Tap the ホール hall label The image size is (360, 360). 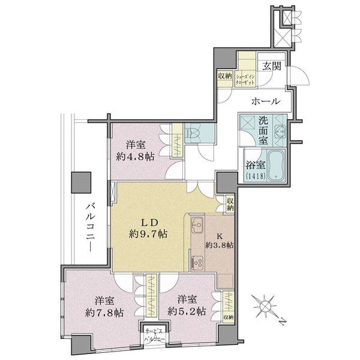point(264,101)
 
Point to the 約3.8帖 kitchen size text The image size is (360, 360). point(220,245)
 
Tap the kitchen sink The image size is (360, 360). point(197,227)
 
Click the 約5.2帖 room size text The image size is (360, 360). point(187,312)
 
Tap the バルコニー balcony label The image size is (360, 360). point(89,229)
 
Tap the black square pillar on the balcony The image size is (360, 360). point(80,182)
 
